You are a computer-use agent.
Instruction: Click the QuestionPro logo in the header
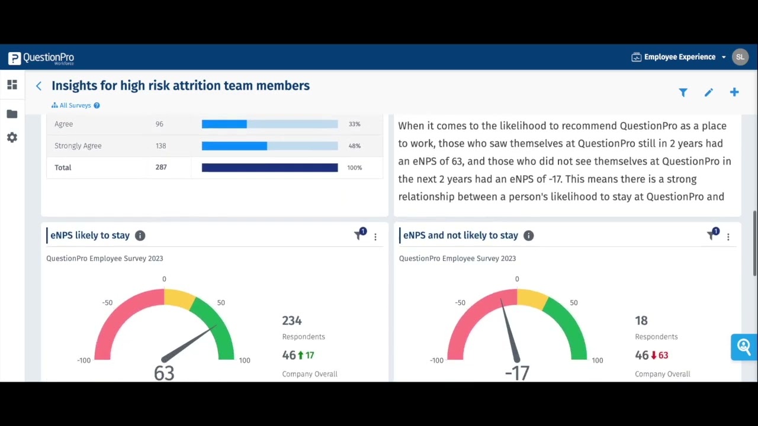pyautogui.click(x=41, y=58)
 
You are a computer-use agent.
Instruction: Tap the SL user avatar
pyautogui.click(x=740, y=57)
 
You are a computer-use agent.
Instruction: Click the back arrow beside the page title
pyautogui.click(x=38, y=86)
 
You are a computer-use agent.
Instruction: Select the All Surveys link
pyautogui.click(x=75, y=105)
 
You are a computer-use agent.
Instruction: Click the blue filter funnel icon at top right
pyautogui.click(x=683, y=92)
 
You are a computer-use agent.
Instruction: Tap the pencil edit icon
pyautogui.click(x=708, y=92)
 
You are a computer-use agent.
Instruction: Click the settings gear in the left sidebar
pyautogui.click(x=12, y=137)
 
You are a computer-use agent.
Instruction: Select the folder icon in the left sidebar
pyautogui.click(x=12, y=114)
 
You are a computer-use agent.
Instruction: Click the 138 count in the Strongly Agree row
pyautogui.click(x=160, y=146)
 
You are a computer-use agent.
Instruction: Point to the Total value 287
pyautogui.click(x=160, y=167)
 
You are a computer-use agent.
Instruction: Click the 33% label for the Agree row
pyautogui.click(x=354, y=124)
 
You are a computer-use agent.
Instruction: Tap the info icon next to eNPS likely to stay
pyautogui.click(x=140, y=235)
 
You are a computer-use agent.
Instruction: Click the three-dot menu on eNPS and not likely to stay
pyautogui.click(x=728, y=237)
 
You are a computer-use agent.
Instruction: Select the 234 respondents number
pyautogui.click(x=292, y=321)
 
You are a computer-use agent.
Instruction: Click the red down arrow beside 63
pyautogui.click(x=654, y=355)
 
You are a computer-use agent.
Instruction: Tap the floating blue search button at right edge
pyautogui.click(x=744, y=347)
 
